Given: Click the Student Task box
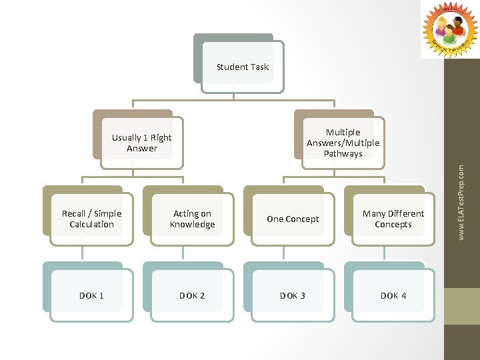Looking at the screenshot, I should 243,67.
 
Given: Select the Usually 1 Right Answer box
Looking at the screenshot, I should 141,143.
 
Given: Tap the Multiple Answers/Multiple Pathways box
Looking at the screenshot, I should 343,143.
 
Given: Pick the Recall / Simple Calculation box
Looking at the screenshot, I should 91,219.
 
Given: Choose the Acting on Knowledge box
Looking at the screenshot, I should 192,219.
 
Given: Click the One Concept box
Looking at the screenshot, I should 293,219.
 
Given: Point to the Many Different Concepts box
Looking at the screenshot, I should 393,219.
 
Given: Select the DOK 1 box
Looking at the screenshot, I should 91,295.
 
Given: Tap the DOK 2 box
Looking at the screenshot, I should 192,295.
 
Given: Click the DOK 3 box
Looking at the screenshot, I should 293,295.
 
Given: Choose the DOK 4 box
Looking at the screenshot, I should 393,295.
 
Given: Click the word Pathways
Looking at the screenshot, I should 343,154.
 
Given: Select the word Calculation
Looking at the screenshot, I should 91,225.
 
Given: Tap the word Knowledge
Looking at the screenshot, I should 192,225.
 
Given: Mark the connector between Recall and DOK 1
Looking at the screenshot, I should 83,250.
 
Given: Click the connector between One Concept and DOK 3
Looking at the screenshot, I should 283,250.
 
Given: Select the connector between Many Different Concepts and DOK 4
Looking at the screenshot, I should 384,250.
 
